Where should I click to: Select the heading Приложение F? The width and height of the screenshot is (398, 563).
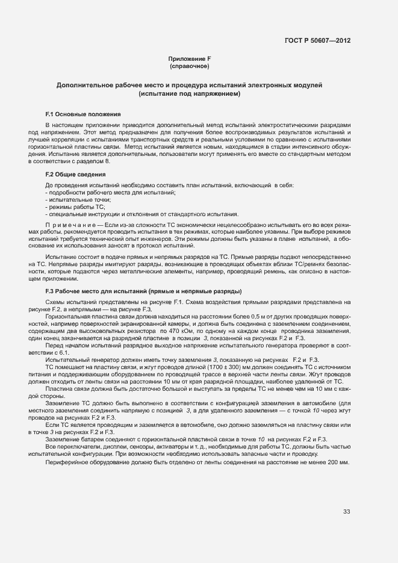(x=189, y=59)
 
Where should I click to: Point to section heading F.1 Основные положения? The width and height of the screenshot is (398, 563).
(x=83, y=114)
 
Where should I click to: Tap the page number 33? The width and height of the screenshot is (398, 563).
(x=346, y=512)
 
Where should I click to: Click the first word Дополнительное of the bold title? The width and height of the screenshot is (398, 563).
(x=85, y=86)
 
